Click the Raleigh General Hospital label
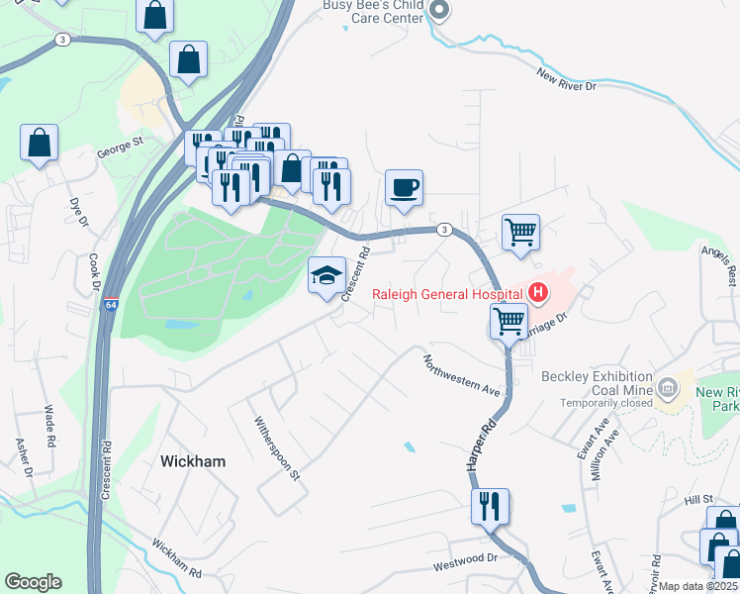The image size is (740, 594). point(446,294)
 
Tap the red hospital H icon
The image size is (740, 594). point(537,292)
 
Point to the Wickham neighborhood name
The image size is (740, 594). point(193,461)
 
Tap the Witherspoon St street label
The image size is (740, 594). point(277,448)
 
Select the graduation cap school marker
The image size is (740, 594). point(327,277)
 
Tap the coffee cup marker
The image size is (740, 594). point(404,187)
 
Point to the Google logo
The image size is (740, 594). point(33,582)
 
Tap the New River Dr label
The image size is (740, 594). point(567,80)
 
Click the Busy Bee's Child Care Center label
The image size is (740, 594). point(374,11)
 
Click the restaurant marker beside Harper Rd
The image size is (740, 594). point(490,506)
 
